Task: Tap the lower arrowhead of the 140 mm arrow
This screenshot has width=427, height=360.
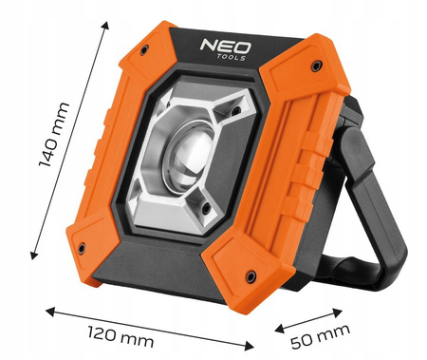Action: (x=32, y=256)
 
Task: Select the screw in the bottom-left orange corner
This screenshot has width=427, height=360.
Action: (x=83, y=248)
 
